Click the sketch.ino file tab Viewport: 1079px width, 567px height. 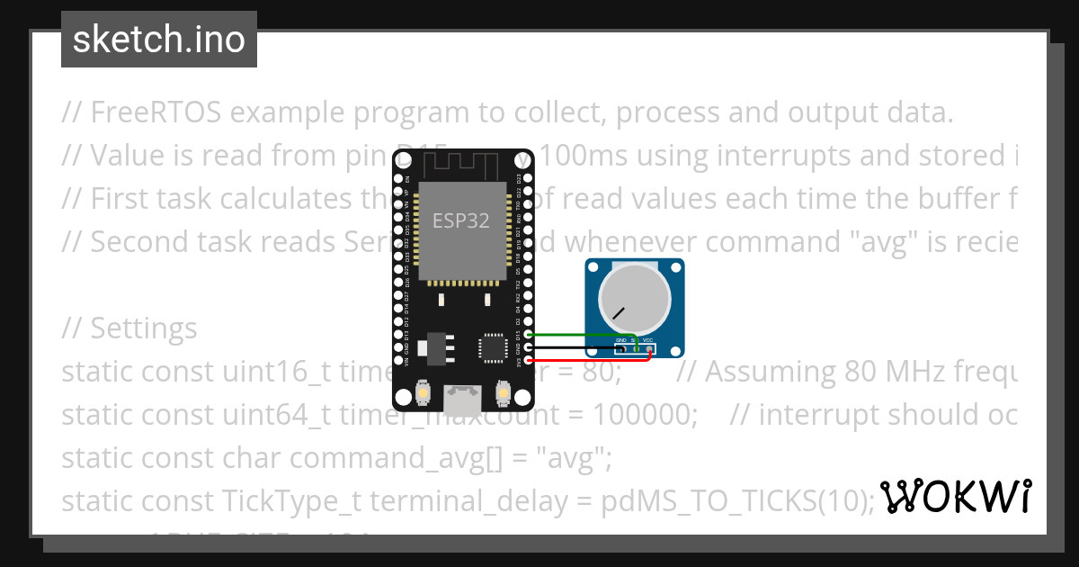159,40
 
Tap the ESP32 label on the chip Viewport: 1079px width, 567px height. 461,220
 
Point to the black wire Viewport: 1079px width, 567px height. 575,347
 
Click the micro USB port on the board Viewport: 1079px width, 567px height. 462,394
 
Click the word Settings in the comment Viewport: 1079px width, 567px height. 144,328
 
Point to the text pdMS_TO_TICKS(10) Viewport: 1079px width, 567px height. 737,500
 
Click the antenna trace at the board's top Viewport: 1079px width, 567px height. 461,164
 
